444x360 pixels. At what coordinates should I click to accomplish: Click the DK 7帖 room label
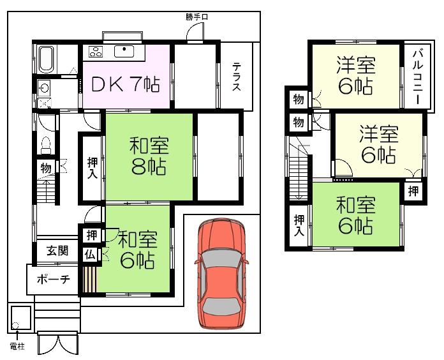[x=126, y=84]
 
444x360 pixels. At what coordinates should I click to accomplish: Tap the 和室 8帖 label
[x=149, y=156]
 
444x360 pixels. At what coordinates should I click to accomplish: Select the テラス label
[x=236, y=77]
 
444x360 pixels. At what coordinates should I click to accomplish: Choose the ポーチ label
[x=52, y=278]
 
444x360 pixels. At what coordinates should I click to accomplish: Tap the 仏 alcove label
[x=89, y=254]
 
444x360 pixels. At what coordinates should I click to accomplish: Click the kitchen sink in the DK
[x=124, y=52]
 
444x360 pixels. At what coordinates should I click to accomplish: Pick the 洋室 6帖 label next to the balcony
[x=355, y=75]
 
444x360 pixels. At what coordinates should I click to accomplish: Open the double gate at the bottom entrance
[x=57, y=343]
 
